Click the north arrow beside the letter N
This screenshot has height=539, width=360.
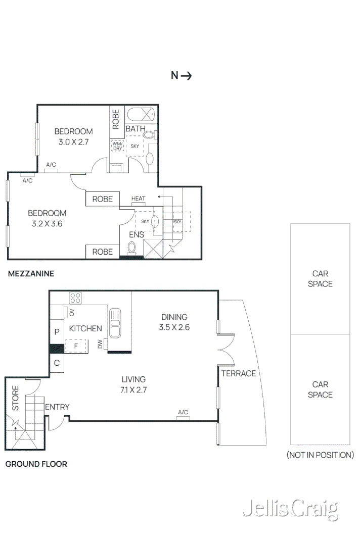187,76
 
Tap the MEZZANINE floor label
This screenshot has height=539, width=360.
30,274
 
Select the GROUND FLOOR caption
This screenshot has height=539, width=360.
36,464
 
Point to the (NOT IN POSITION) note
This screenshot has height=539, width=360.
320,455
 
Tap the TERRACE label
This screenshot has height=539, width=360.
239,373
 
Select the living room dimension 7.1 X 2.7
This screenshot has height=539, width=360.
133,389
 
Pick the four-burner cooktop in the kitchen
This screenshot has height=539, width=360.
76,298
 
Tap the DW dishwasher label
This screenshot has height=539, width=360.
100,345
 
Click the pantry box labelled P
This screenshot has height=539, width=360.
57,332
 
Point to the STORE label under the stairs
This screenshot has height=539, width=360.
15,398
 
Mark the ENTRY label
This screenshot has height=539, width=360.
57,407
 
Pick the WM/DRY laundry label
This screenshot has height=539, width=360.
117,145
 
